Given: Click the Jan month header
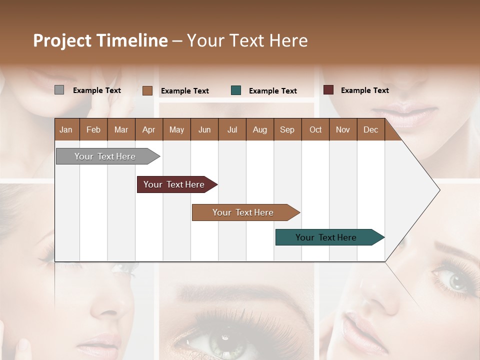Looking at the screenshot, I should coord(66,129).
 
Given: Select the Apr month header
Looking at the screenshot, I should coord(149,129).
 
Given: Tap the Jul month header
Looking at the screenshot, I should coord(232,129).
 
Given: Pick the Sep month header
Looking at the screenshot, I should coord(287,129).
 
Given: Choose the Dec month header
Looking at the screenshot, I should coord(371,129).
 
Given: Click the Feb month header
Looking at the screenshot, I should coord(93,129).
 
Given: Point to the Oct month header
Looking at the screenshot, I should coord(315,129).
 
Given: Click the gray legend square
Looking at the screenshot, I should coord(59,90).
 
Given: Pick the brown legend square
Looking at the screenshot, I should coord(147,90).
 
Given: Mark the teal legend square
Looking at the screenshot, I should coord(236,90).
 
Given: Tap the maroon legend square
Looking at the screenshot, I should coord(328,90).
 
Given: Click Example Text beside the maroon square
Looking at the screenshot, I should coord(364,90).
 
